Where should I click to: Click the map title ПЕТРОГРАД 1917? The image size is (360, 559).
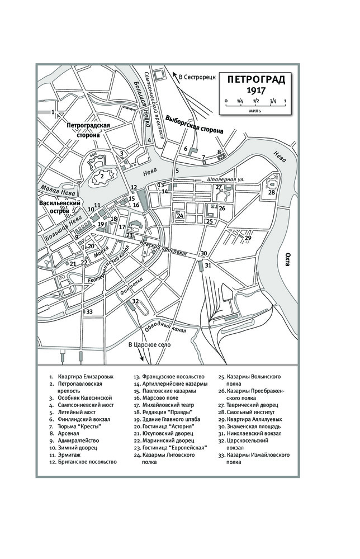click(255, 84)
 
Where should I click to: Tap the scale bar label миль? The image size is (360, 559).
click(255, 111)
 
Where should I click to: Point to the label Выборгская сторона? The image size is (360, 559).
click(194, 124)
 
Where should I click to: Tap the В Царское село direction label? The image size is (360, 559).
click(150, 345)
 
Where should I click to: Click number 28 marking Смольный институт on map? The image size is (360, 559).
click(272, 193)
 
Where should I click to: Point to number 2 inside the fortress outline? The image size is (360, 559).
click(102, 177)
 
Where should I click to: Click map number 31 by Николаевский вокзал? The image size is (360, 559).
click(208, 265)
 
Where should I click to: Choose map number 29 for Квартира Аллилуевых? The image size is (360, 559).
click(248, 238)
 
